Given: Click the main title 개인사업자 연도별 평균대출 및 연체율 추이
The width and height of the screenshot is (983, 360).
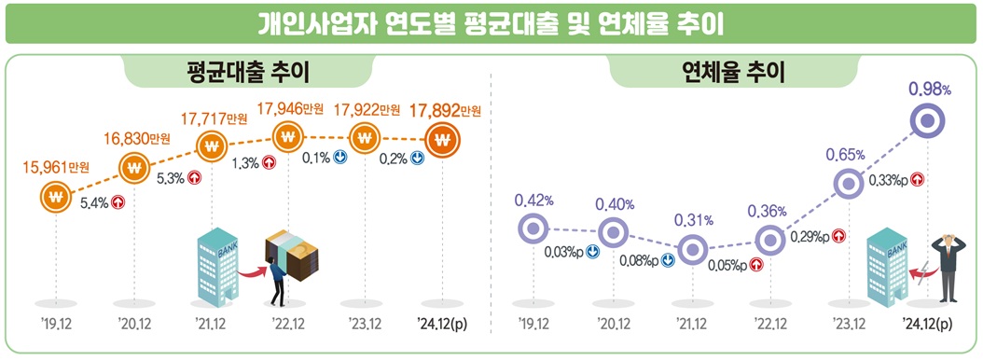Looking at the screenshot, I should [491, 22].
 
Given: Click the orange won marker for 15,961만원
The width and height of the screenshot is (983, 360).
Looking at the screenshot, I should [57, 197].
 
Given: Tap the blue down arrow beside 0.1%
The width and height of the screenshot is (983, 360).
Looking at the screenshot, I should [341, 158].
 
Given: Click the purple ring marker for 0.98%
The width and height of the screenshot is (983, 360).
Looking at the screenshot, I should [928, 119].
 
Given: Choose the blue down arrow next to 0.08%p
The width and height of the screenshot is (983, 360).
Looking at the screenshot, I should [667, 260].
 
